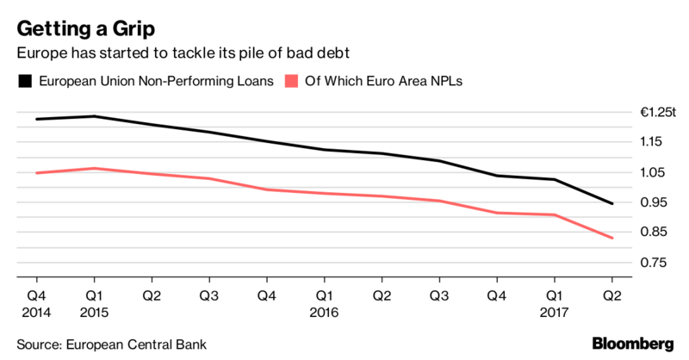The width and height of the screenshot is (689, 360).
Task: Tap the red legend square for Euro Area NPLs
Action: tap(292, 82)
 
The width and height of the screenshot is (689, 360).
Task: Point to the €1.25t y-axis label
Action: tap(658, 113)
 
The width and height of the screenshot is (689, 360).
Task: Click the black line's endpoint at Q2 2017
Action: tap(611, 204)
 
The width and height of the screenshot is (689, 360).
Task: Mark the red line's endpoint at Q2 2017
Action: tap(611, 239)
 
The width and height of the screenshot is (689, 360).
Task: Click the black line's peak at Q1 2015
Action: tap(94, 116)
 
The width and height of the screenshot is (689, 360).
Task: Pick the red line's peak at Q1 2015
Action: tap(94, 169)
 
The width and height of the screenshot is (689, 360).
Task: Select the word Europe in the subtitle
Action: tap(42, 53)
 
